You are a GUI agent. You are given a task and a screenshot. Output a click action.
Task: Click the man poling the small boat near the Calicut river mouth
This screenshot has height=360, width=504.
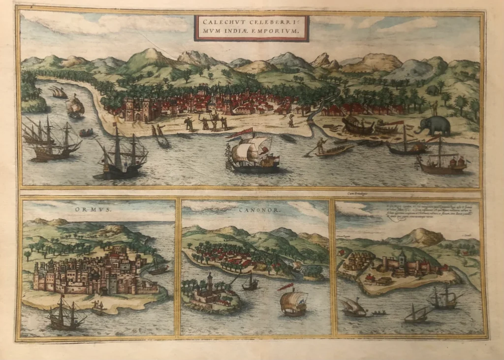click(x=321, y=145)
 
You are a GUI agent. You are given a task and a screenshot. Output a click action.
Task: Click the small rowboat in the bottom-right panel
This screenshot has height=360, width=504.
click(x=378, y=313)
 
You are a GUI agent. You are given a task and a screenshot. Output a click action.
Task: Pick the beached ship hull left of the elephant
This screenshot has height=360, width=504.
click(x=358, y=128)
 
